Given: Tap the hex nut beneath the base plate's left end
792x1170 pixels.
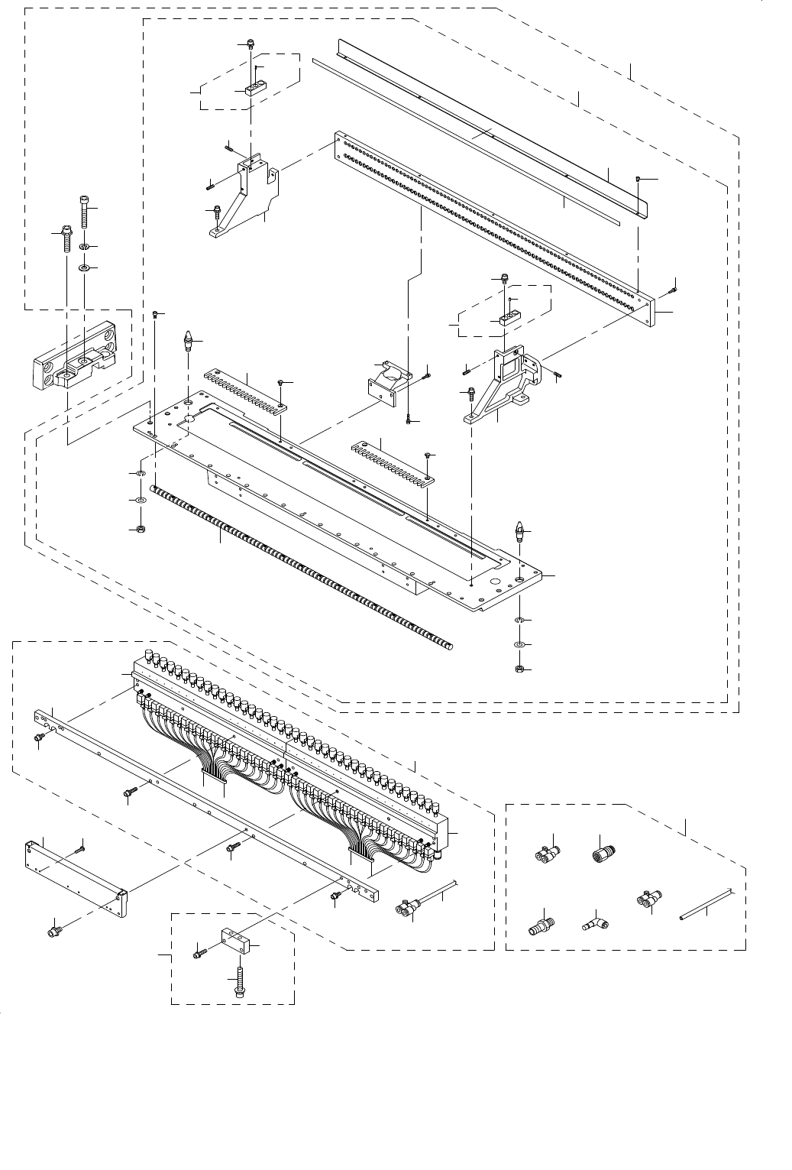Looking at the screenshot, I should coord(141,529).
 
